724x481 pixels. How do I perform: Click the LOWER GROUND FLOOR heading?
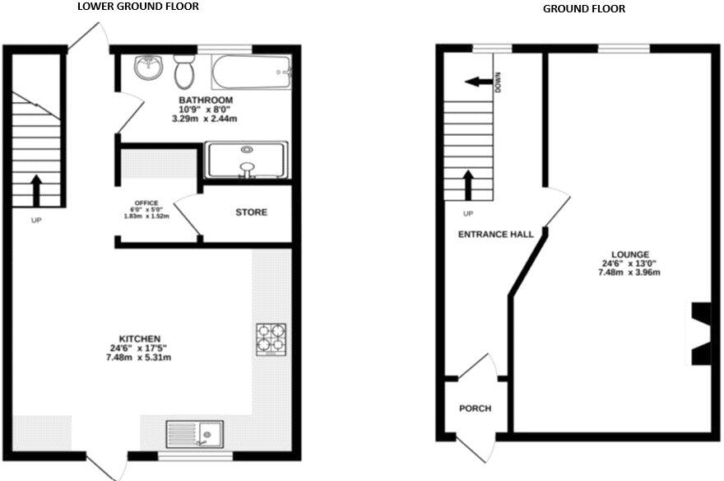point(137,7)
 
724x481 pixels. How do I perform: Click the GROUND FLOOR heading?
point(583,9)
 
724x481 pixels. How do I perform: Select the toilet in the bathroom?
point(183,73)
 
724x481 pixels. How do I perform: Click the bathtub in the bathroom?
point(252,72)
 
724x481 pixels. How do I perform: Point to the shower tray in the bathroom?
point(246,159)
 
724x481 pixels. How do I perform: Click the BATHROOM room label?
point(206,100)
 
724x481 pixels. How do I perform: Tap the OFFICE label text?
point(146,203)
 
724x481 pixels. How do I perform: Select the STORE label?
point(251,212)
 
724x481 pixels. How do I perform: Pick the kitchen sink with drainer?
point(195,432)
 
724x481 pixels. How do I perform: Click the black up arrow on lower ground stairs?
point(36,189)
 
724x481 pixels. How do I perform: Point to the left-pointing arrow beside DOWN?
point(474,82)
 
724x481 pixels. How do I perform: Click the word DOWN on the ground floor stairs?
point(499,82)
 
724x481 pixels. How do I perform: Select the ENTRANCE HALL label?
point(495,235)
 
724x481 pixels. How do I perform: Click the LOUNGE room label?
point(630,255)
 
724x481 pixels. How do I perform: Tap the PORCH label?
point(475,409)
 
